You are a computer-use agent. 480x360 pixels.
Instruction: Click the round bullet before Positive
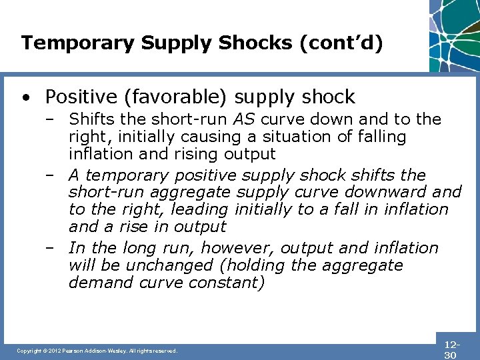coord(25,98)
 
